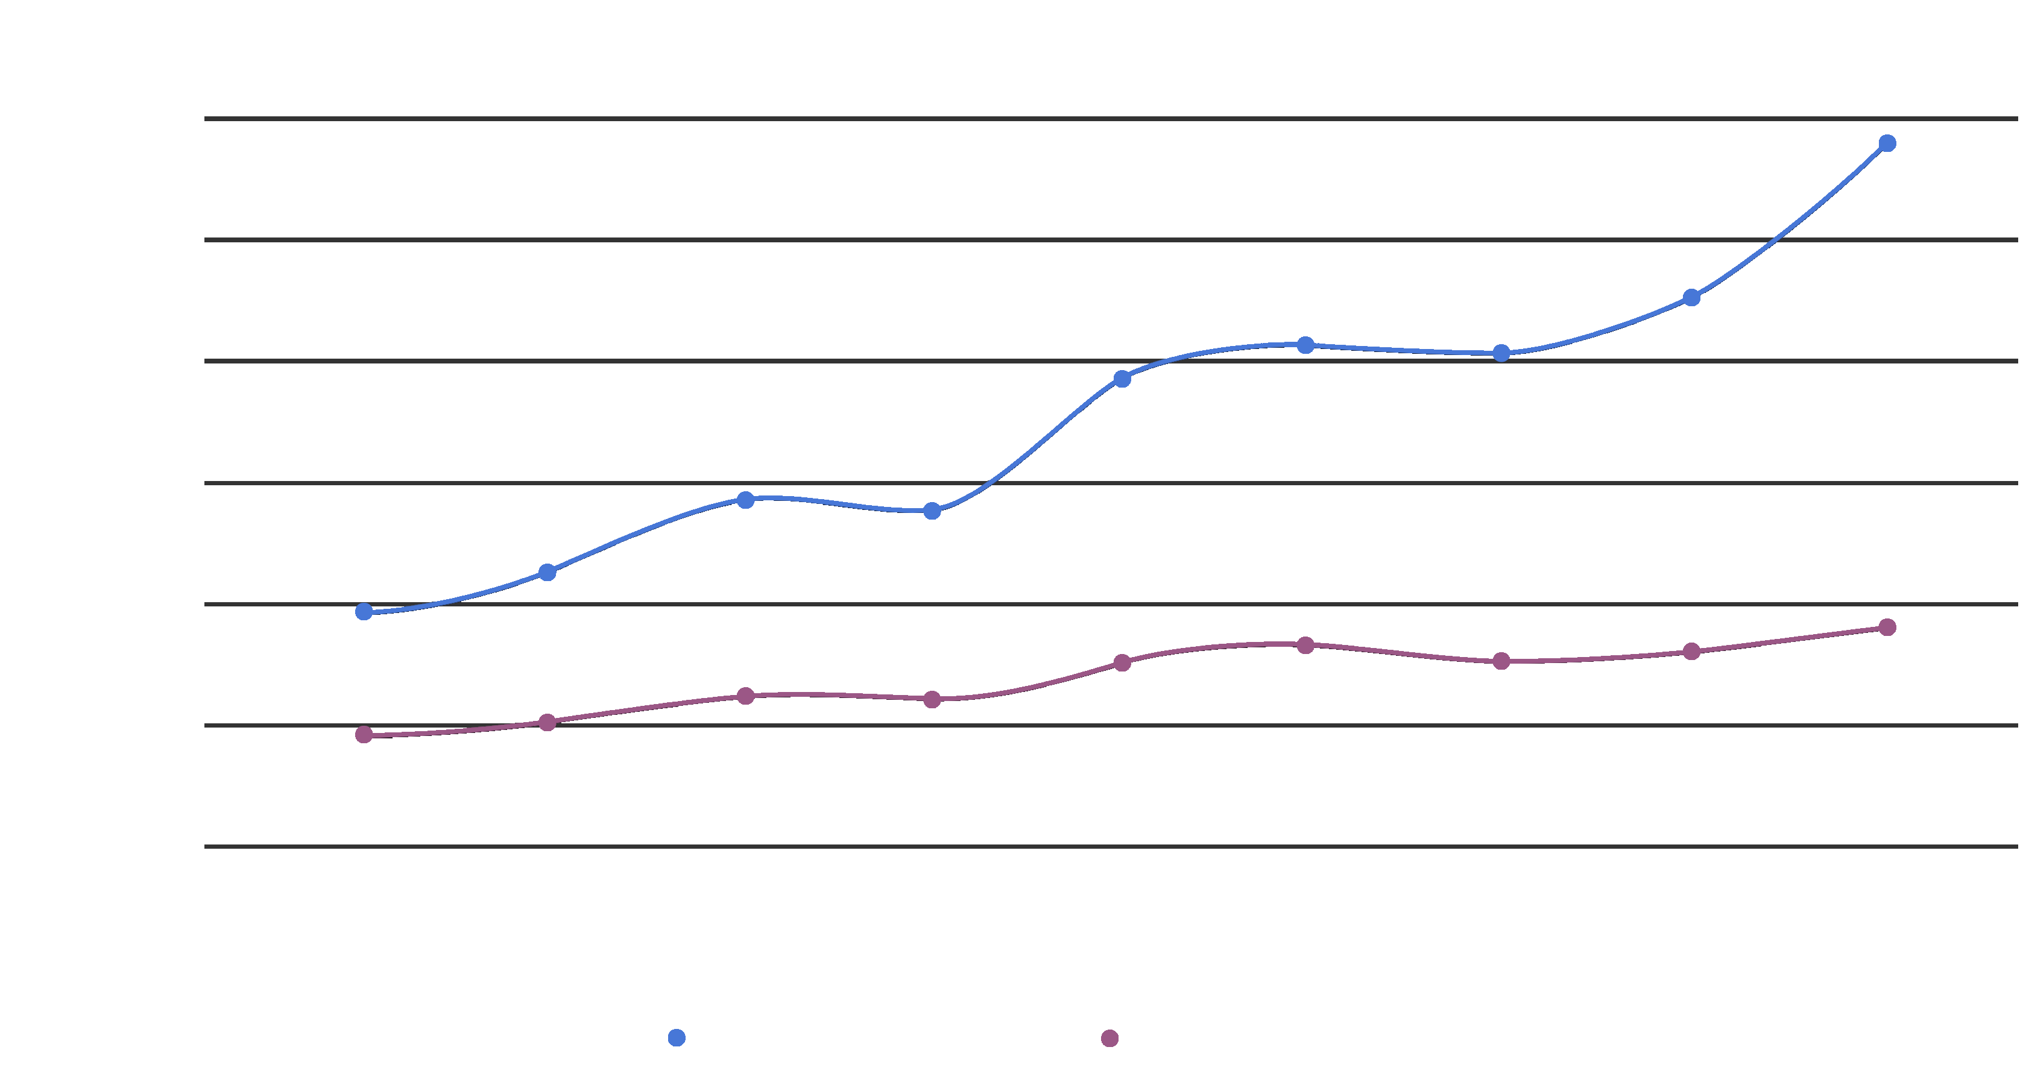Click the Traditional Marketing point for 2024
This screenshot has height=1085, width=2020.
coord(1887,143)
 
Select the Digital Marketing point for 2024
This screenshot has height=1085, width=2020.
coord(1887,627)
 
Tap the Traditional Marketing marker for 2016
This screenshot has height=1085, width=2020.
coord(364,611)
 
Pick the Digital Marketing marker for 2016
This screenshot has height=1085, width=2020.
coord(364,735)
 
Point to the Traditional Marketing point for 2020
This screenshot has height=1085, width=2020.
coord(1122,379)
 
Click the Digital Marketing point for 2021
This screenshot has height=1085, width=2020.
coord(1305,645)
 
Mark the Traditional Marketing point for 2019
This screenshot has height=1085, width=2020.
coord(932,511)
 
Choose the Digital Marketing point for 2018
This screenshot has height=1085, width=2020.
coord(746,696)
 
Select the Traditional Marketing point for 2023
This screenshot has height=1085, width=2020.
coord(1691,298)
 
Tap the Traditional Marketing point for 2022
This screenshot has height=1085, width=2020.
coord(1501,354)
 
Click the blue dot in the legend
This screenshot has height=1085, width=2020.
coord(677,1038)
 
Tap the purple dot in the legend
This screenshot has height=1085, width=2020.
coord(1109,1038)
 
